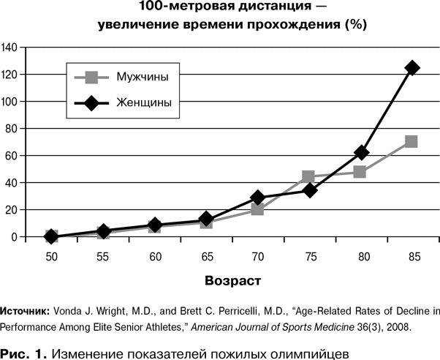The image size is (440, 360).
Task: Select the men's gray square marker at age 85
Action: point(411,141)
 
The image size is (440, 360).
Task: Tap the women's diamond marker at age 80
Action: point(360,152)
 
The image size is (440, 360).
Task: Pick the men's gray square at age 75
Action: point(308,177)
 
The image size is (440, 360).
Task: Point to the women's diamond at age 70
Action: point(257,198)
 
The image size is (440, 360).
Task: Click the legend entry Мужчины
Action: point(144,77)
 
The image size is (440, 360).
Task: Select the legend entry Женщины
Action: point(144,102)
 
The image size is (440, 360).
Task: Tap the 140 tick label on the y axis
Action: point(12,48)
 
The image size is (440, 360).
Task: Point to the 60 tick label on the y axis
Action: point(14,156)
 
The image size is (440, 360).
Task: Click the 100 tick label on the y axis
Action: point(12,102)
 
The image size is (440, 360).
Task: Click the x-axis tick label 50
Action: point(51,256)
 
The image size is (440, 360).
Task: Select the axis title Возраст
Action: point(232,280)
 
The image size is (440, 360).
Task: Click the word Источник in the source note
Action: point(27,310)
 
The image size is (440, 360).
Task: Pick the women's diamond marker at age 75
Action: point(308,190)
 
